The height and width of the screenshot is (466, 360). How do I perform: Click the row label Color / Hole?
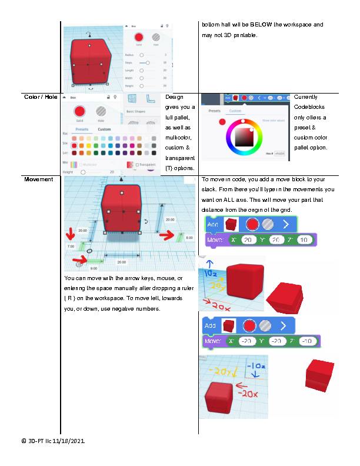point(40,96)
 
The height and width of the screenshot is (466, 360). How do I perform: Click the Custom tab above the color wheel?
point(235,111)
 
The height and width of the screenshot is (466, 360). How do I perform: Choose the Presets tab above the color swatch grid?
point(82,129)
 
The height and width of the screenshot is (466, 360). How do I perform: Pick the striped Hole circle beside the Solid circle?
point(101,111)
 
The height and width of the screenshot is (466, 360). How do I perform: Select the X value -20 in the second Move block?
point(247,341)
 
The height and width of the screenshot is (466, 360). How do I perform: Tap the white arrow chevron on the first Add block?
point(285,224)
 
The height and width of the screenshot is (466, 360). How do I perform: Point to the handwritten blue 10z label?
point(212,274)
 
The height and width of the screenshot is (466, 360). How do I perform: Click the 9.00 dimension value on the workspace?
point(94,268)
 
